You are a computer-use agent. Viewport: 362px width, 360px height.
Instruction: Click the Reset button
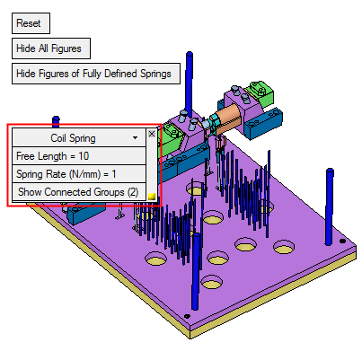[x=31, y=23]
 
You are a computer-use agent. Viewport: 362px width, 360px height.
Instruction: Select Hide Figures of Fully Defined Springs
[x=96, y=74]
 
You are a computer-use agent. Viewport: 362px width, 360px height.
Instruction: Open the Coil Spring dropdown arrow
[x=136, y=138]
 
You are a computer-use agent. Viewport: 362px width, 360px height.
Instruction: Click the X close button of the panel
[x=152, y=134]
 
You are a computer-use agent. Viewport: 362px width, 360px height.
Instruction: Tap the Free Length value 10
[x=84, y=156]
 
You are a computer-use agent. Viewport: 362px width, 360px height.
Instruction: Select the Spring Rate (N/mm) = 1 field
[x=79, y=174]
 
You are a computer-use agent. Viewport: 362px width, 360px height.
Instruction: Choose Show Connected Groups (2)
[x=79, y=192]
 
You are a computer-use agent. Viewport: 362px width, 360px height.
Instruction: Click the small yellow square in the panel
[x=152, y=197]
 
